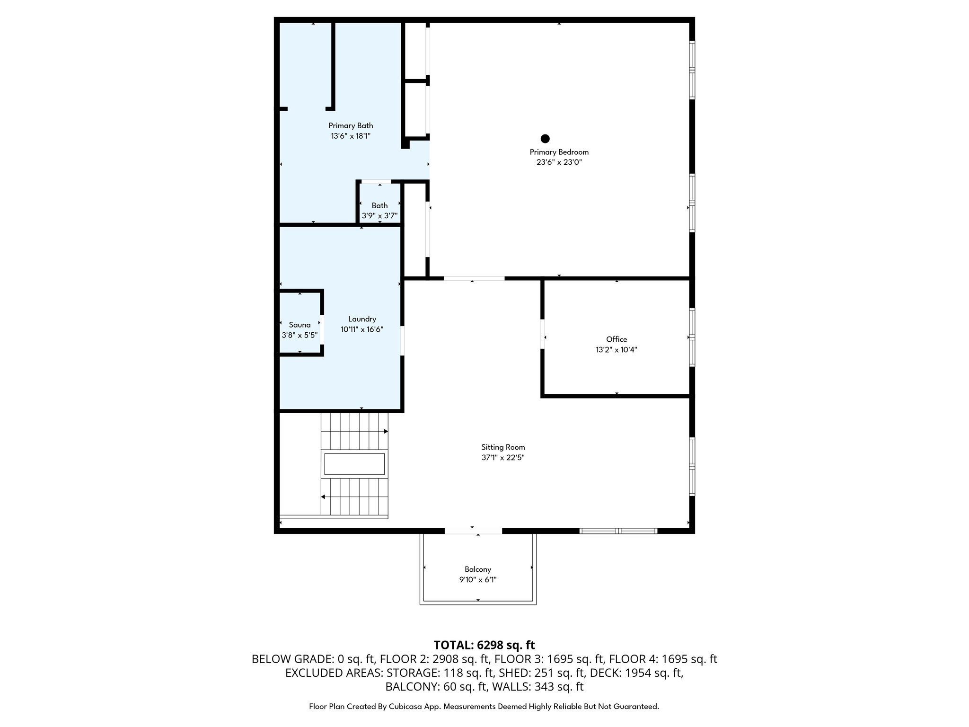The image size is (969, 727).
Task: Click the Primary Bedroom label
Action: click(559, 152)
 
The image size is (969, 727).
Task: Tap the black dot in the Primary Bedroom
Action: click(545, 139)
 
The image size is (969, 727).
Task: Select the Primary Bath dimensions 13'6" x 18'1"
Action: click(351, 136)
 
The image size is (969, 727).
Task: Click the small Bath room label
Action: click(379, 205)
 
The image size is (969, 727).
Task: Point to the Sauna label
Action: click(300, 325)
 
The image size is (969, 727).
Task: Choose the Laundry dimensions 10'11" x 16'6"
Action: click(362, 329)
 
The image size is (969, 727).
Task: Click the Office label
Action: click(617, 339)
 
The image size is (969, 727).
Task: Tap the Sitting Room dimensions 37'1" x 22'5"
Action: click(503, 458)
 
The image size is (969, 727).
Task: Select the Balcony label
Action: click(477, 569)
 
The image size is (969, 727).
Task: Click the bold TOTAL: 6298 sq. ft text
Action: click(484, 645)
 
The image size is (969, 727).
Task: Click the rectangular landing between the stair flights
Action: click(354, 464)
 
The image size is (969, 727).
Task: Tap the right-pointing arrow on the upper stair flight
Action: click(386, 431)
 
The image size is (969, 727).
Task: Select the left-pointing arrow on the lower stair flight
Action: click(323, 496)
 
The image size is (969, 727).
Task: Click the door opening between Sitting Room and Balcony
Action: click(473, 531)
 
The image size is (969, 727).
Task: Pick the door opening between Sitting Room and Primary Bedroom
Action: click(474, 278)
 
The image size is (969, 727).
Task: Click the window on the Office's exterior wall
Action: click(692, 337)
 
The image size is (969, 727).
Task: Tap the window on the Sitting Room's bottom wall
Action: click(618, 531)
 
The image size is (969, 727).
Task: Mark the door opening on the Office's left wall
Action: click(543, 335)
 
